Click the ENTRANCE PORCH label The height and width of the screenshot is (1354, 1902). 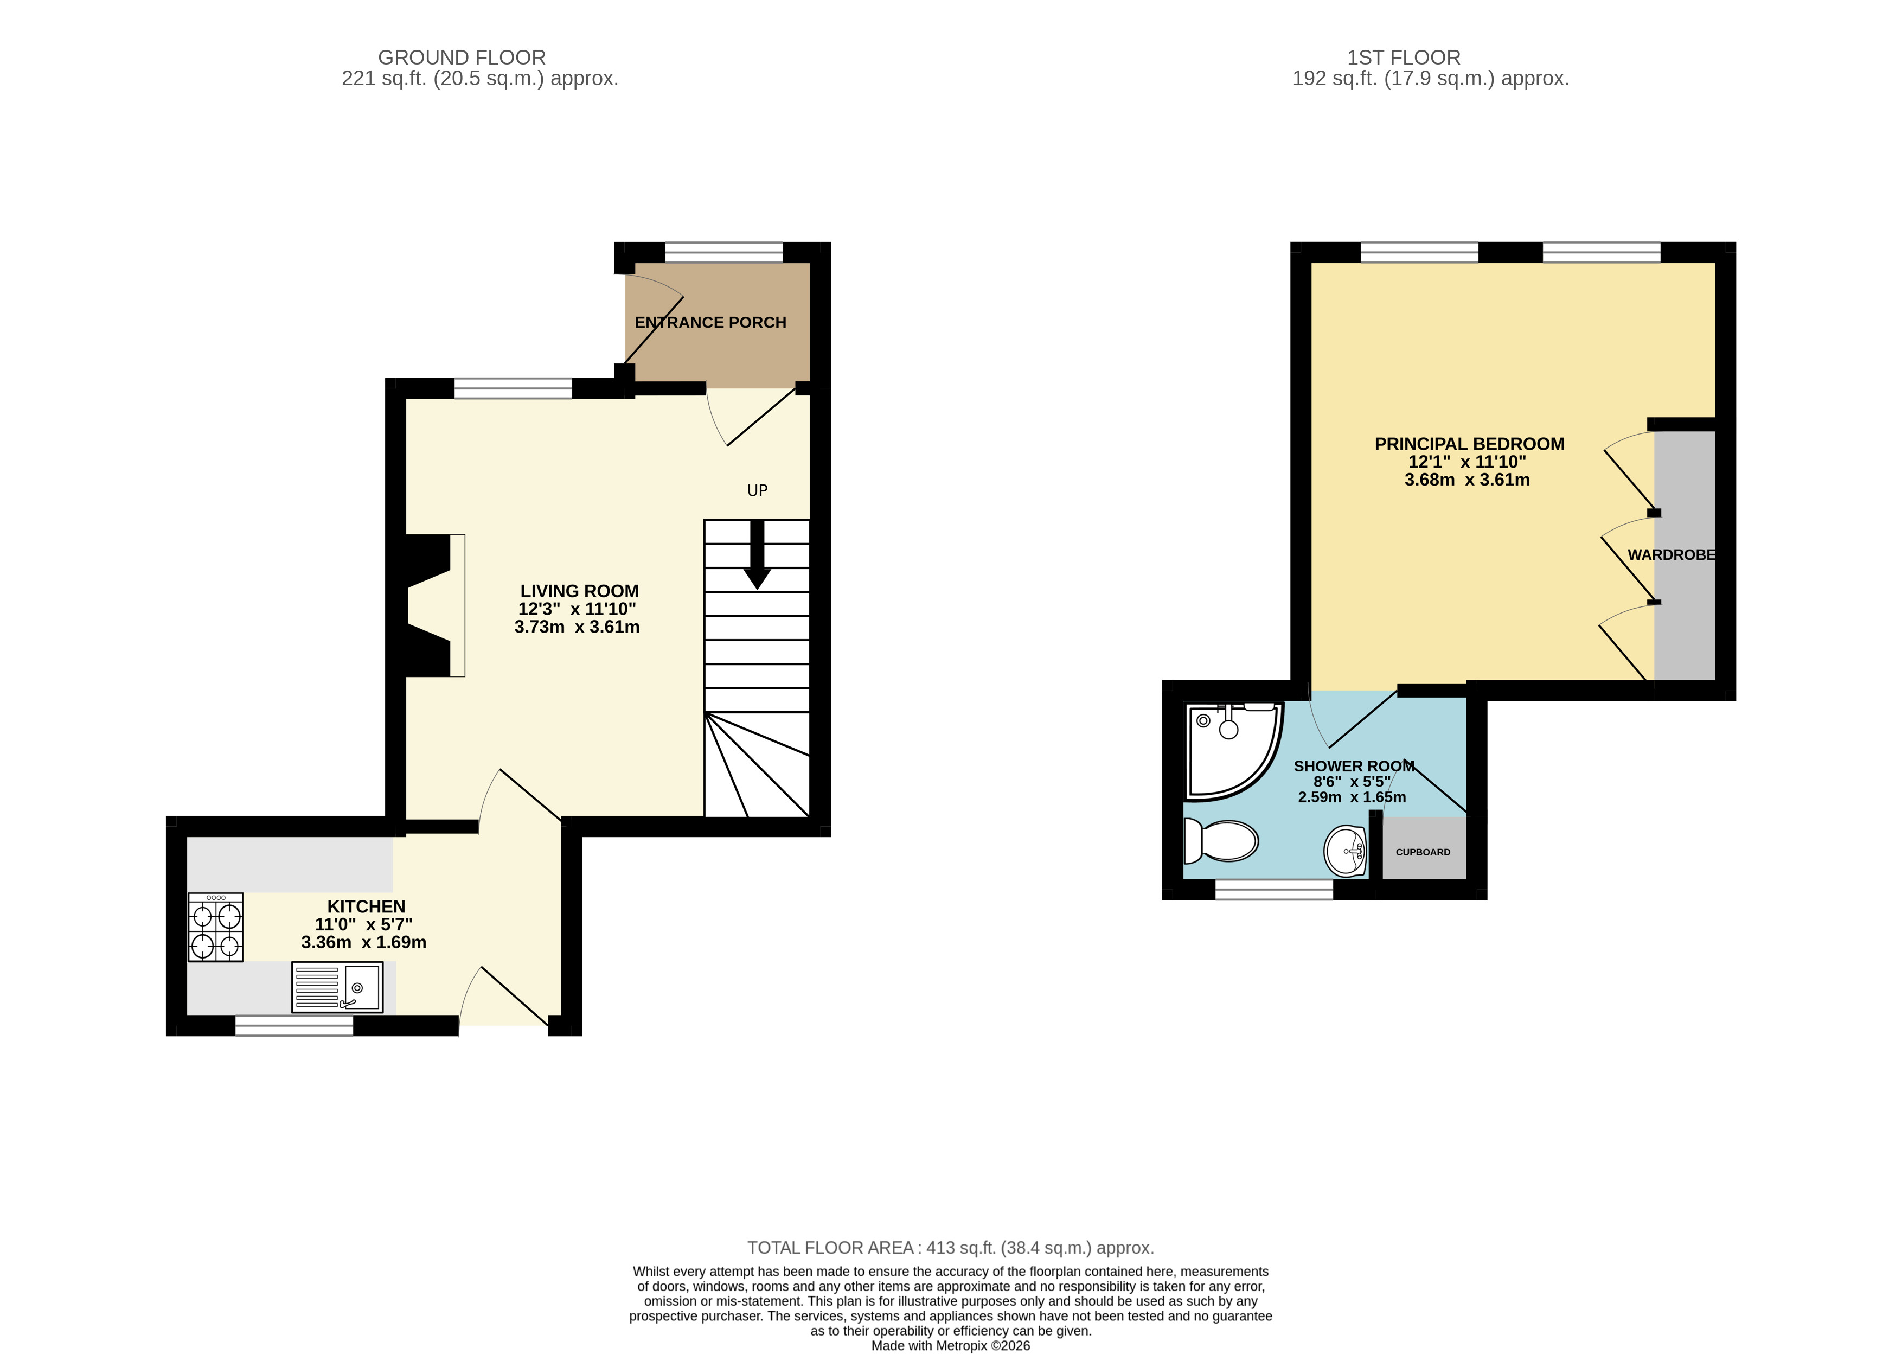coord(710,323)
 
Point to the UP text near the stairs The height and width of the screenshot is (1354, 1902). coord(757,490)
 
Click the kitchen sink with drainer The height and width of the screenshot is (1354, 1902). coord(337,987)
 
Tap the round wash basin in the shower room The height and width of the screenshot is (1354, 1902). coord(1344,851)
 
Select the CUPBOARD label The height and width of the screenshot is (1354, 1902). coord(1423,852)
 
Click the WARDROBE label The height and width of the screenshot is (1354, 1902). coord(1670,554)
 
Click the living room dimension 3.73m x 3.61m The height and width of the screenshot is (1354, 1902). coord(577,627)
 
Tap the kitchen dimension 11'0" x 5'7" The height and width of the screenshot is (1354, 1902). coord(364,924)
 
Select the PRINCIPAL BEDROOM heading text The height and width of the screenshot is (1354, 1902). coord(1469,444)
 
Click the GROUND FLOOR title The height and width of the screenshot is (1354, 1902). coord(462,58)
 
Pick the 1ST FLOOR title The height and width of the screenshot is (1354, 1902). coord(1404,58)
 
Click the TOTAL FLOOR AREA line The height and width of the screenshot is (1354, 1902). coord(950,1248)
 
